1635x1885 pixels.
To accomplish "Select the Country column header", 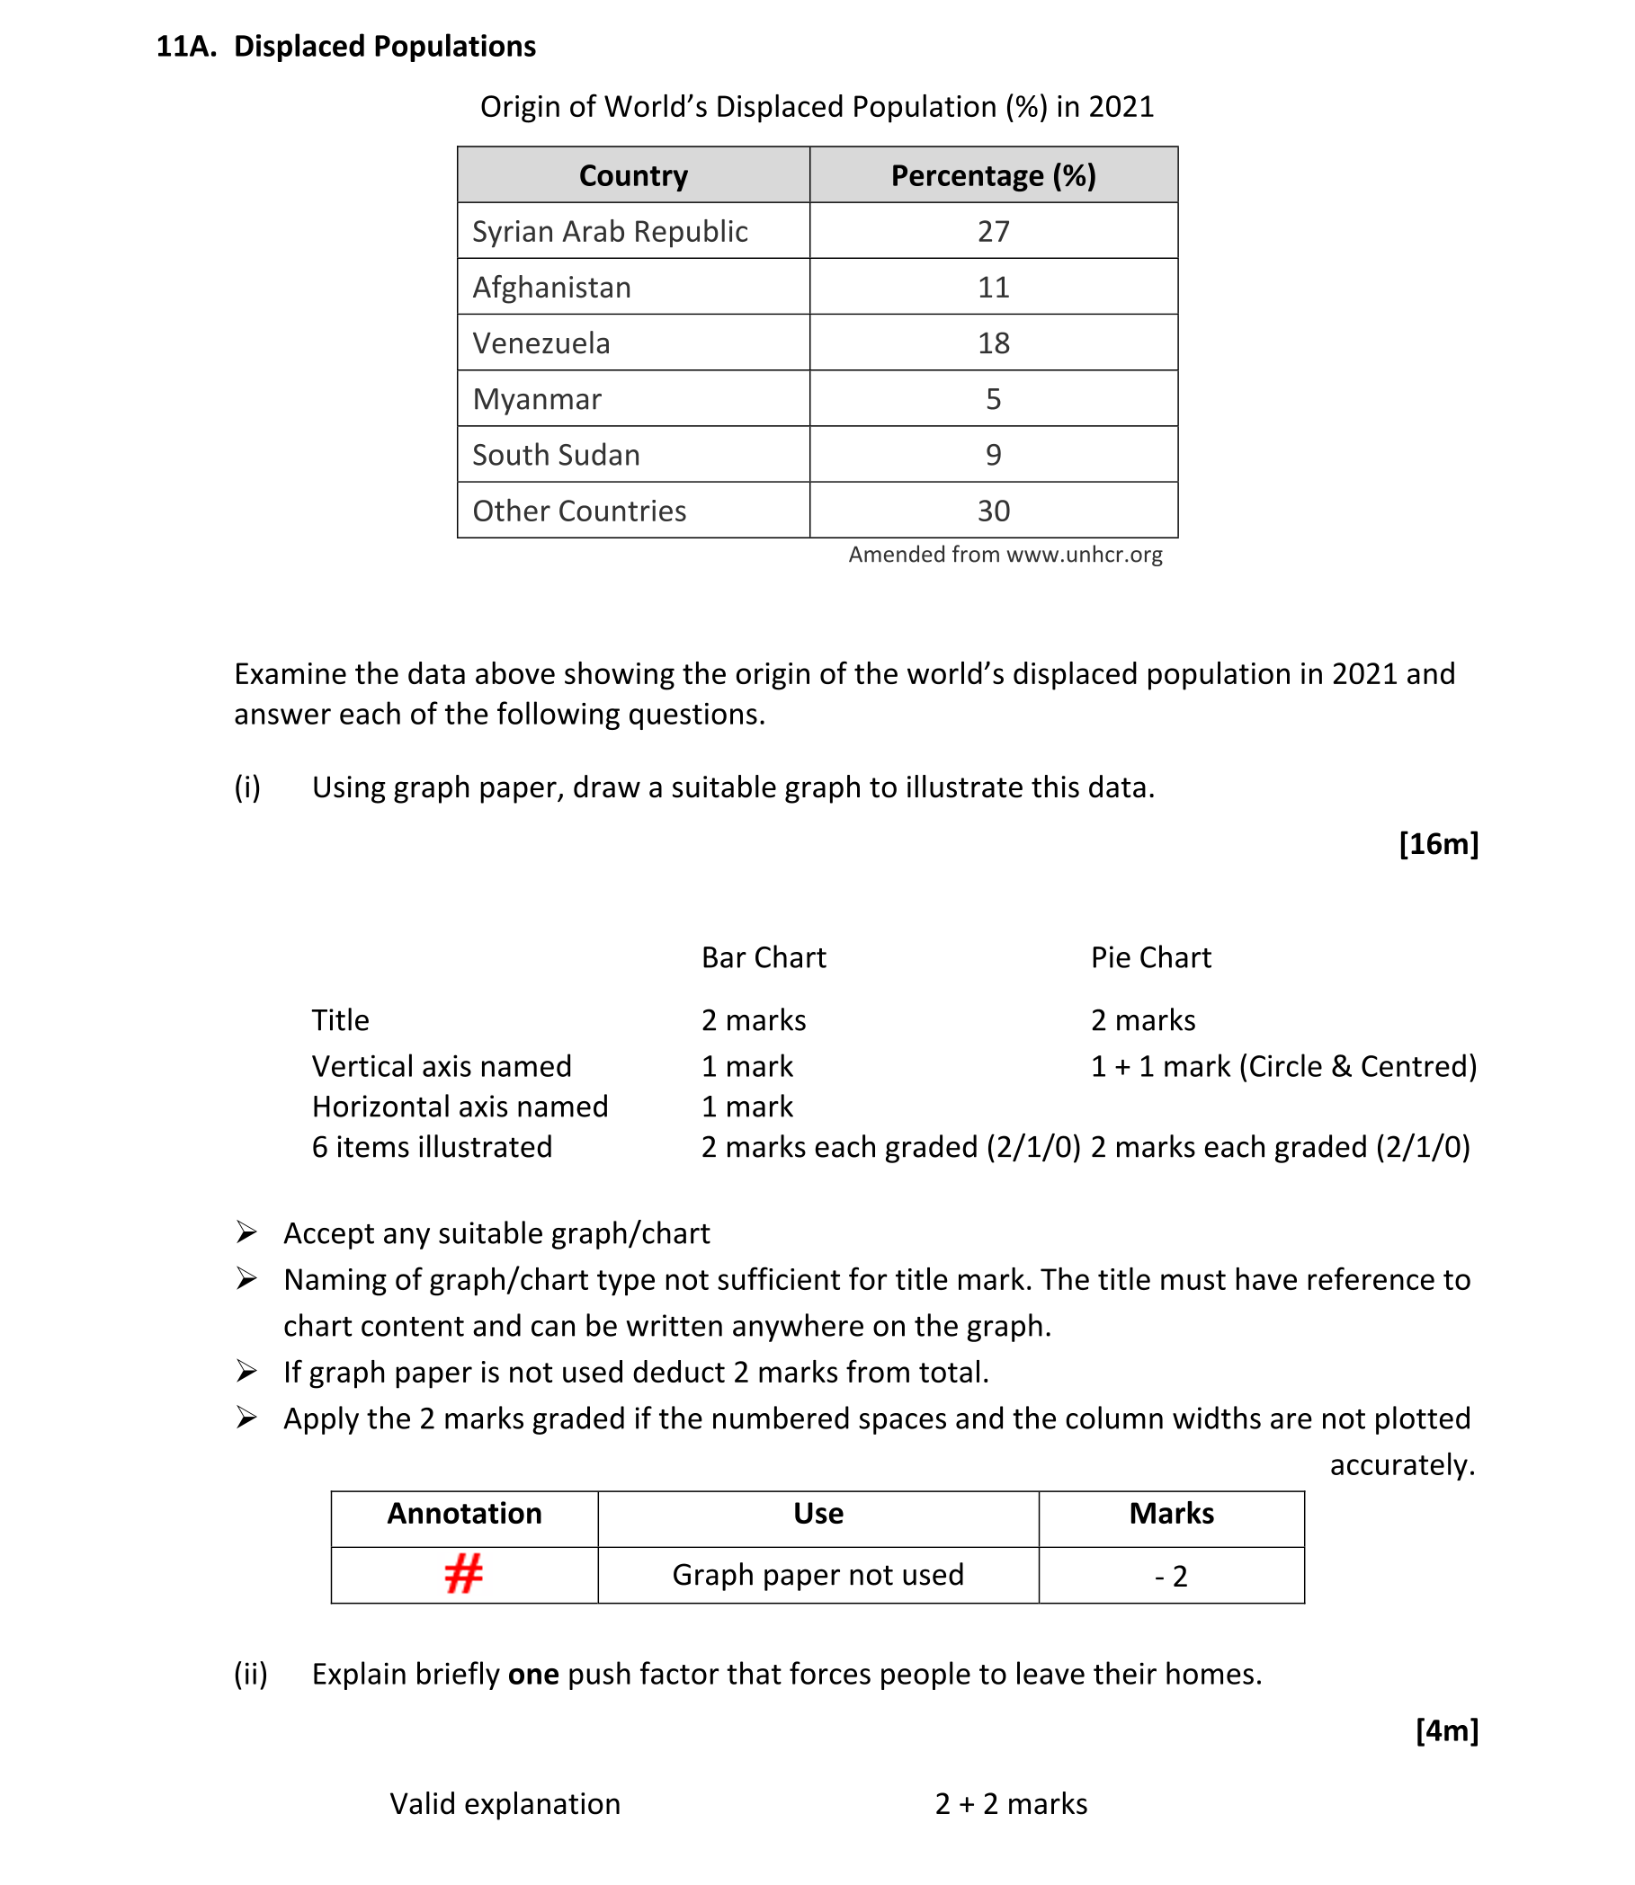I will (633, 175).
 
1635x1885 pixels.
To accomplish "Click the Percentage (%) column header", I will (993, 175).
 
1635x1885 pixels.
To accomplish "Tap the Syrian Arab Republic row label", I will (610, 232).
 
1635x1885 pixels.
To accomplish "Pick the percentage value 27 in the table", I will (993, 232).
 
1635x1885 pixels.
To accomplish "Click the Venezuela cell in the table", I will (541, 343).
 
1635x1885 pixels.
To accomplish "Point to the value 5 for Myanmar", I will (993, 399).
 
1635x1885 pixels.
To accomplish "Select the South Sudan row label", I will (556, 455).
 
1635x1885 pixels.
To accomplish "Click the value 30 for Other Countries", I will (993, 511).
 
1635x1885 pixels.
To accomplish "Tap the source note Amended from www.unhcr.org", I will (1005, 555).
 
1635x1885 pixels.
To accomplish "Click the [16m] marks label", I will (1438, 843).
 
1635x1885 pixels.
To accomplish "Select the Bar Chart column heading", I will (763, 957).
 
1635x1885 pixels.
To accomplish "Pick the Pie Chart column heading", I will (1150, 957).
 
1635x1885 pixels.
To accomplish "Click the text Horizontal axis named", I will (460, 1107).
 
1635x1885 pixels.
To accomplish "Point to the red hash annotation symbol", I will (463, 1575).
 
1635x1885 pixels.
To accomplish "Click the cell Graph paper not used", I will (817, 1575).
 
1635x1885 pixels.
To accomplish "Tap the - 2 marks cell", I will (1171, 1576).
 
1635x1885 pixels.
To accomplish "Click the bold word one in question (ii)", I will (532, 1675).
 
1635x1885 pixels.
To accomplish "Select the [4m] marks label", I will (1446, 1730).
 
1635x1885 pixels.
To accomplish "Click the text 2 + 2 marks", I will (1011, 1804).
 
